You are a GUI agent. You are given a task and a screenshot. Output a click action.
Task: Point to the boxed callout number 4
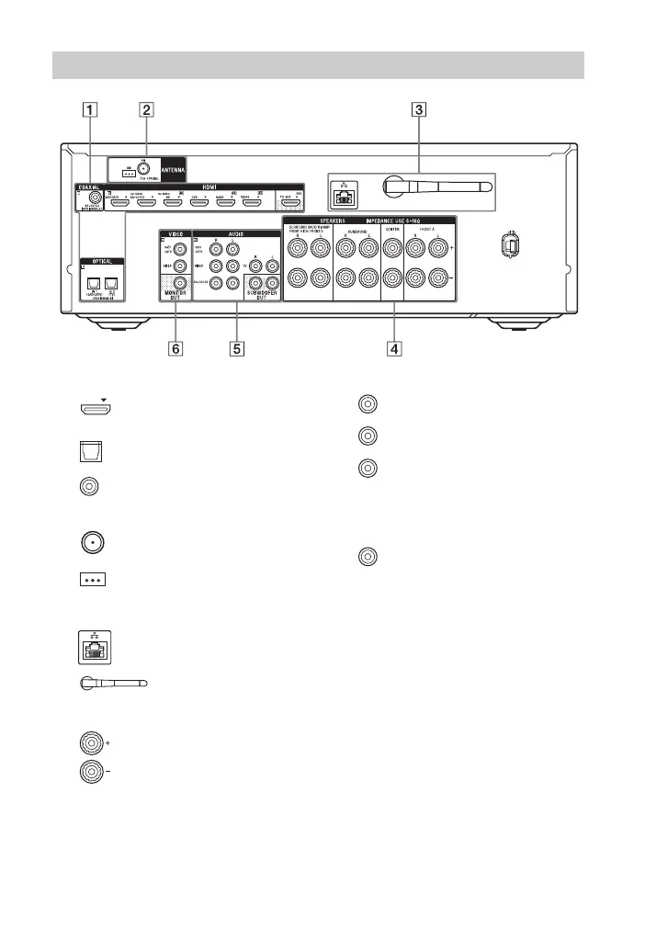tap(392, 348)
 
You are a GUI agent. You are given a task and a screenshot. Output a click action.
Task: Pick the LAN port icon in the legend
tap(90, 649)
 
